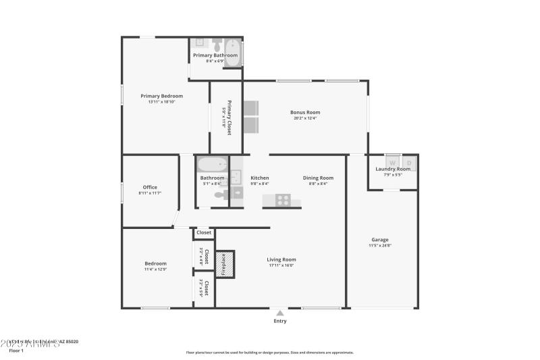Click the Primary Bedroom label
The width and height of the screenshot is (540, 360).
click(161, 96)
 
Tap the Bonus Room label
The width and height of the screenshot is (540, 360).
click(304, 112)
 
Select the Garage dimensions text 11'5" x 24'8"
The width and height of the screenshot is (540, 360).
click(380, 245)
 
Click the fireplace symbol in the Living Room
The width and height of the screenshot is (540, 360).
click(225, 264)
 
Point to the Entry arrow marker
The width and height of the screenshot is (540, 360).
click(279, 313)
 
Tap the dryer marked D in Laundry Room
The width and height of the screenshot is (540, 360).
click(409, 163)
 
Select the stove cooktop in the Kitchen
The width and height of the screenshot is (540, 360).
click(283, 200)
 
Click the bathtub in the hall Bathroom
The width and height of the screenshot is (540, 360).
click(212, 164)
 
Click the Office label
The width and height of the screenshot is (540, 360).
click(150, 187)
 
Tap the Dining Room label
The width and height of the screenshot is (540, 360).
click(318, 178)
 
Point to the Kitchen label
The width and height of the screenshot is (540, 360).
click(259, 178)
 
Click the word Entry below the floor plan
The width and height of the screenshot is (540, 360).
click(279, 321)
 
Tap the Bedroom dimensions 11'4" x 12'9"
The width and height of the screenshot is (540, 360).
click(155, 269)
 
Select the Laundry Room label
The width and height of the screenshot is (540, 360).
click(393, 169)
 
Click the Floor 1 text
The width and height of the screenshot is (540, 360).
click(16, 351)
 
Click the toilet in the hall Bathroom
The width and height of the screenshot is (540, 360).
click(220, 195)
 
